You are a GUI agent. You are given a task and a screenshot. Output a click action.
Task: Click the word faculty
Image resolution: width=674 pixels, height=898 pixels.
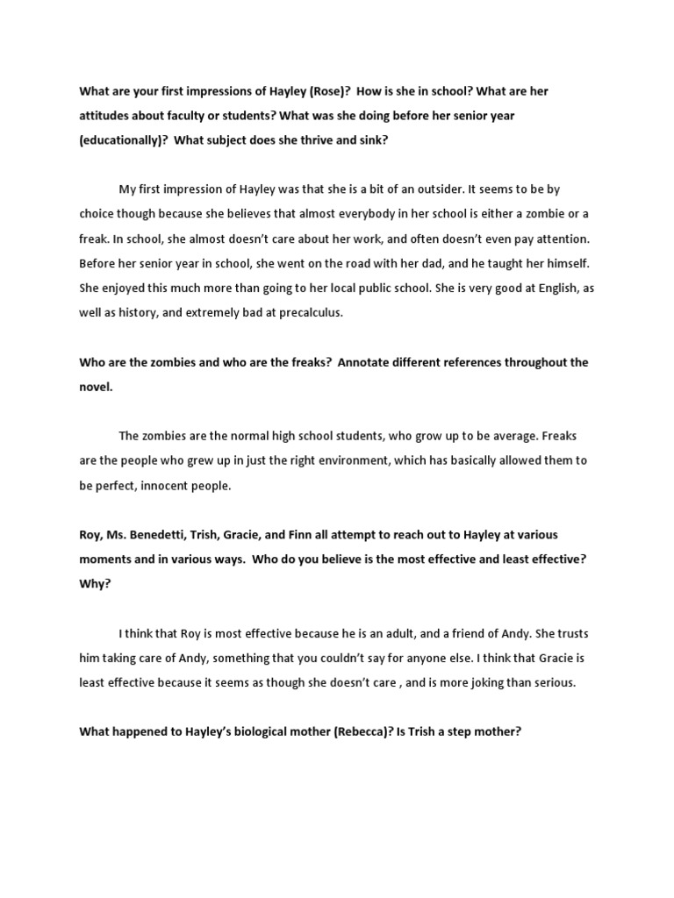[178, 116]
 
